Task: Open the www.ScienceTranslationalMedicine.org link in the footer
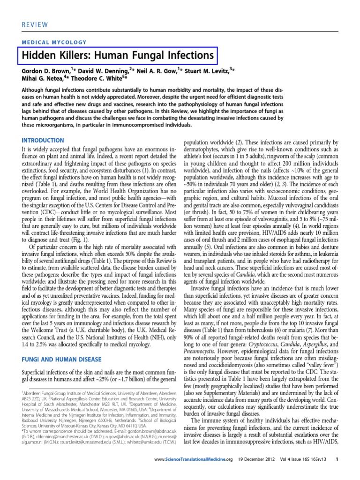click(x=193, y=472)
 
